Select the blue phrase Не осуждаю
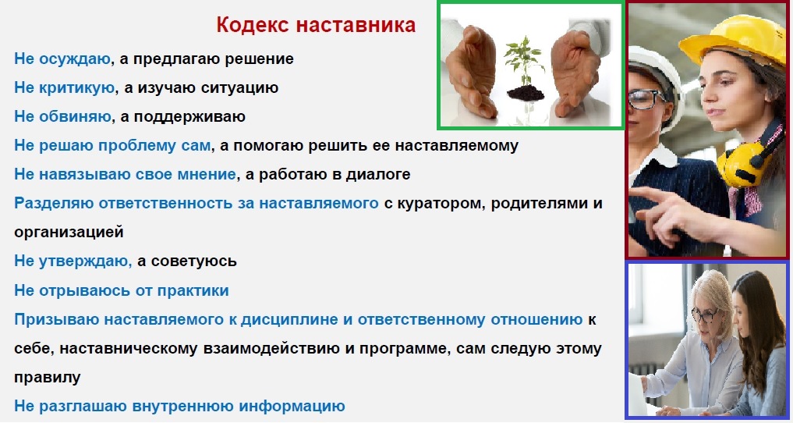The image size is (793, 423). point(62,59)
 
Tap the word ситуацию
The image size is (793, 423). point(239,88)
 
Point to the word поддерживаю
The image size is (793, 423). point(189,117)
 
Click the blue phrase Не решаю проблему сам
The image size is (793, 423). point(112,146)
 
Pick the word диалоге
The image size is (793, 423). point(378,175)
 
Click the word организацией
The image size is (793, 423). point(69,233)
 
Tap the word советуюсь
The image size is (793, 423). point(193,261)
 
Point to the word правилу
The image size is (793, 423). point(47,378)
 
